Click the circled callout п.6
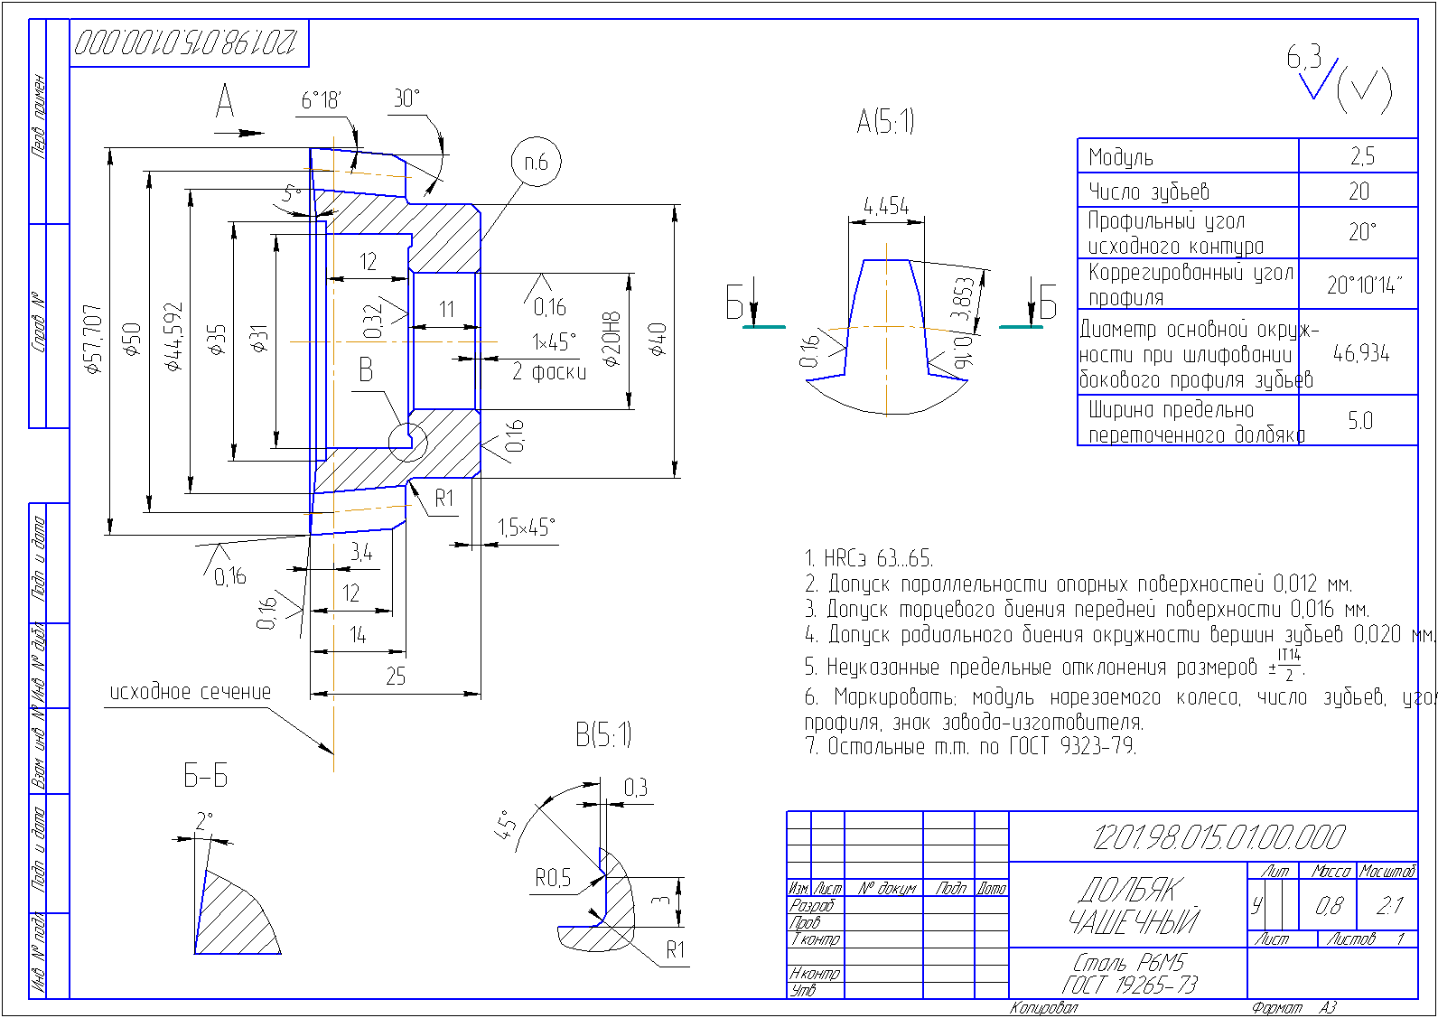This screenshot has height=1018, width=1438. (x=536, y=163)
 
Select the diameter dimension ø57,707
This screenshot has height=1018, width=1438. (x=92, y=340)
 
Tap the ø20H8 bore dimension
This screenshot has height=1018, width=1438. (x=612, y=340)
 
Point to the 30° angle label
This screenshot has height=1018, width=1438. (x=407, y=98)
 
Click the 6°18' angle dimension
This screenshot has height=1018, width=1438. (x=321, y=100)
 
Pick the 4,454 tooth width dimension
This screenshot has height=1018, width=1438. (x=886, y=207)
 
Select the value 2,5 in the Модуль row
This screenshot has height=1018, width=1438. (x=1362, y=157)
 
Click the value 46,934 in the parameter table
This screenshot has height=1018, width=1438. (x=1361, y=353)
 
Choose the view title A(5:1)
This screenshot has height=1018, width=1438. (x=885, y=121)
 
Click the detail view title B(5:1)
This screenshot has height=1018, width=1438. (x=603, y=735)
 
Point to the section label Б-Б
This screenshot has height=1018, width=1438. (x=206, y=776)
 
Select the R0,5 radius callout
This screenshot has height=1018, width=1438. (x=553, y=878)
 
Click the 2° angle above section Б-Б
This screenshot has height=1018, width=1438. (x=204, y=821)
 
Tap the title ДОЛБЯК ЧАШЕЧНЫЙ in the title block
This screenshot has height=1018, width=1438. (x=1133, y=906)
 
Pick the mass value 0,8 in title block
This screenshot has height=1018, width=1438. (x=1329, y=906)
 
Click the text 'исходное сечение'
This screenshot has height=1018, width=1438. (x=191, y=693)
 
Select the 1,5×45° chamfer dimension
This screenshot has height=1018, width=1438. (x=526, y=528)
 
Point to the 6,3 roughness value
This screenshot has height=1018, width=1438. (x=1304, y=59)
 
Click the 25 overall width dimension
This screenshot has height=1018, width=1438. (x=396, y=677)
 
